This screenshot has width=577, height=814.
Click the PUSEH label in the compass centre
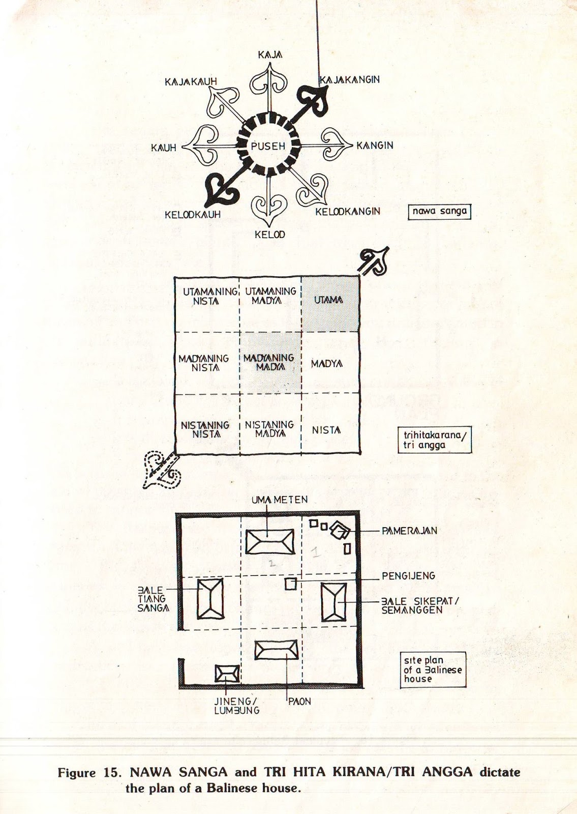click(265, 146)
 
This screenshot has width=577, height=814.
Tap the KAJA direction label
click(270, 54)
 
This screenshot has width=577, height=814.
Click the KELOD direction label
click(269, 235)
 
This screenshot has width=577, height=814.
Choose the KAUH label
click(163, 148)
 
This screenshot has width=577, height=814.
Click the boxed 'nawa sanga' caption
click(440, 211)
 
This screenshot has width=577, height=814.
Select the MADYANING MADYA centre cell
click(269, 362)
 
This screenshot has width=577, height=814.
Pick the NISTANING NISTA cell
click(205, 429)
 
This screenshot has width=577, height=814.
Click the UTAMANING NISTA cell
click(206, 296)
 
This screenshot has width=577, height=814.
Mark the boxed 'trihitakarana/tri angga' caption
click(434, 440)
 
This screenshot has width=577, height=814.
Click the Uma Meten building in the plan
click(269, 541)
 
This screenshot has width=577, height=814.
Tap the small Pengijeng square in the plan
click(290, 584)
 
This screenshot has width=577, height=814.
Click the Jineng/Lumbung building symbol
click(227, 674)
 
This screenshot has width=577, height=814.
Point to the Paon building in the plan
click(276, 650)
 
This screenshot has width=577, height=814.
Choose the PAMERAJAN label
click(409, 531)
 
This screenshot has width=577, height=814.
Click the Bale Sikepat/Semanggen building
click(333, 602)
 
